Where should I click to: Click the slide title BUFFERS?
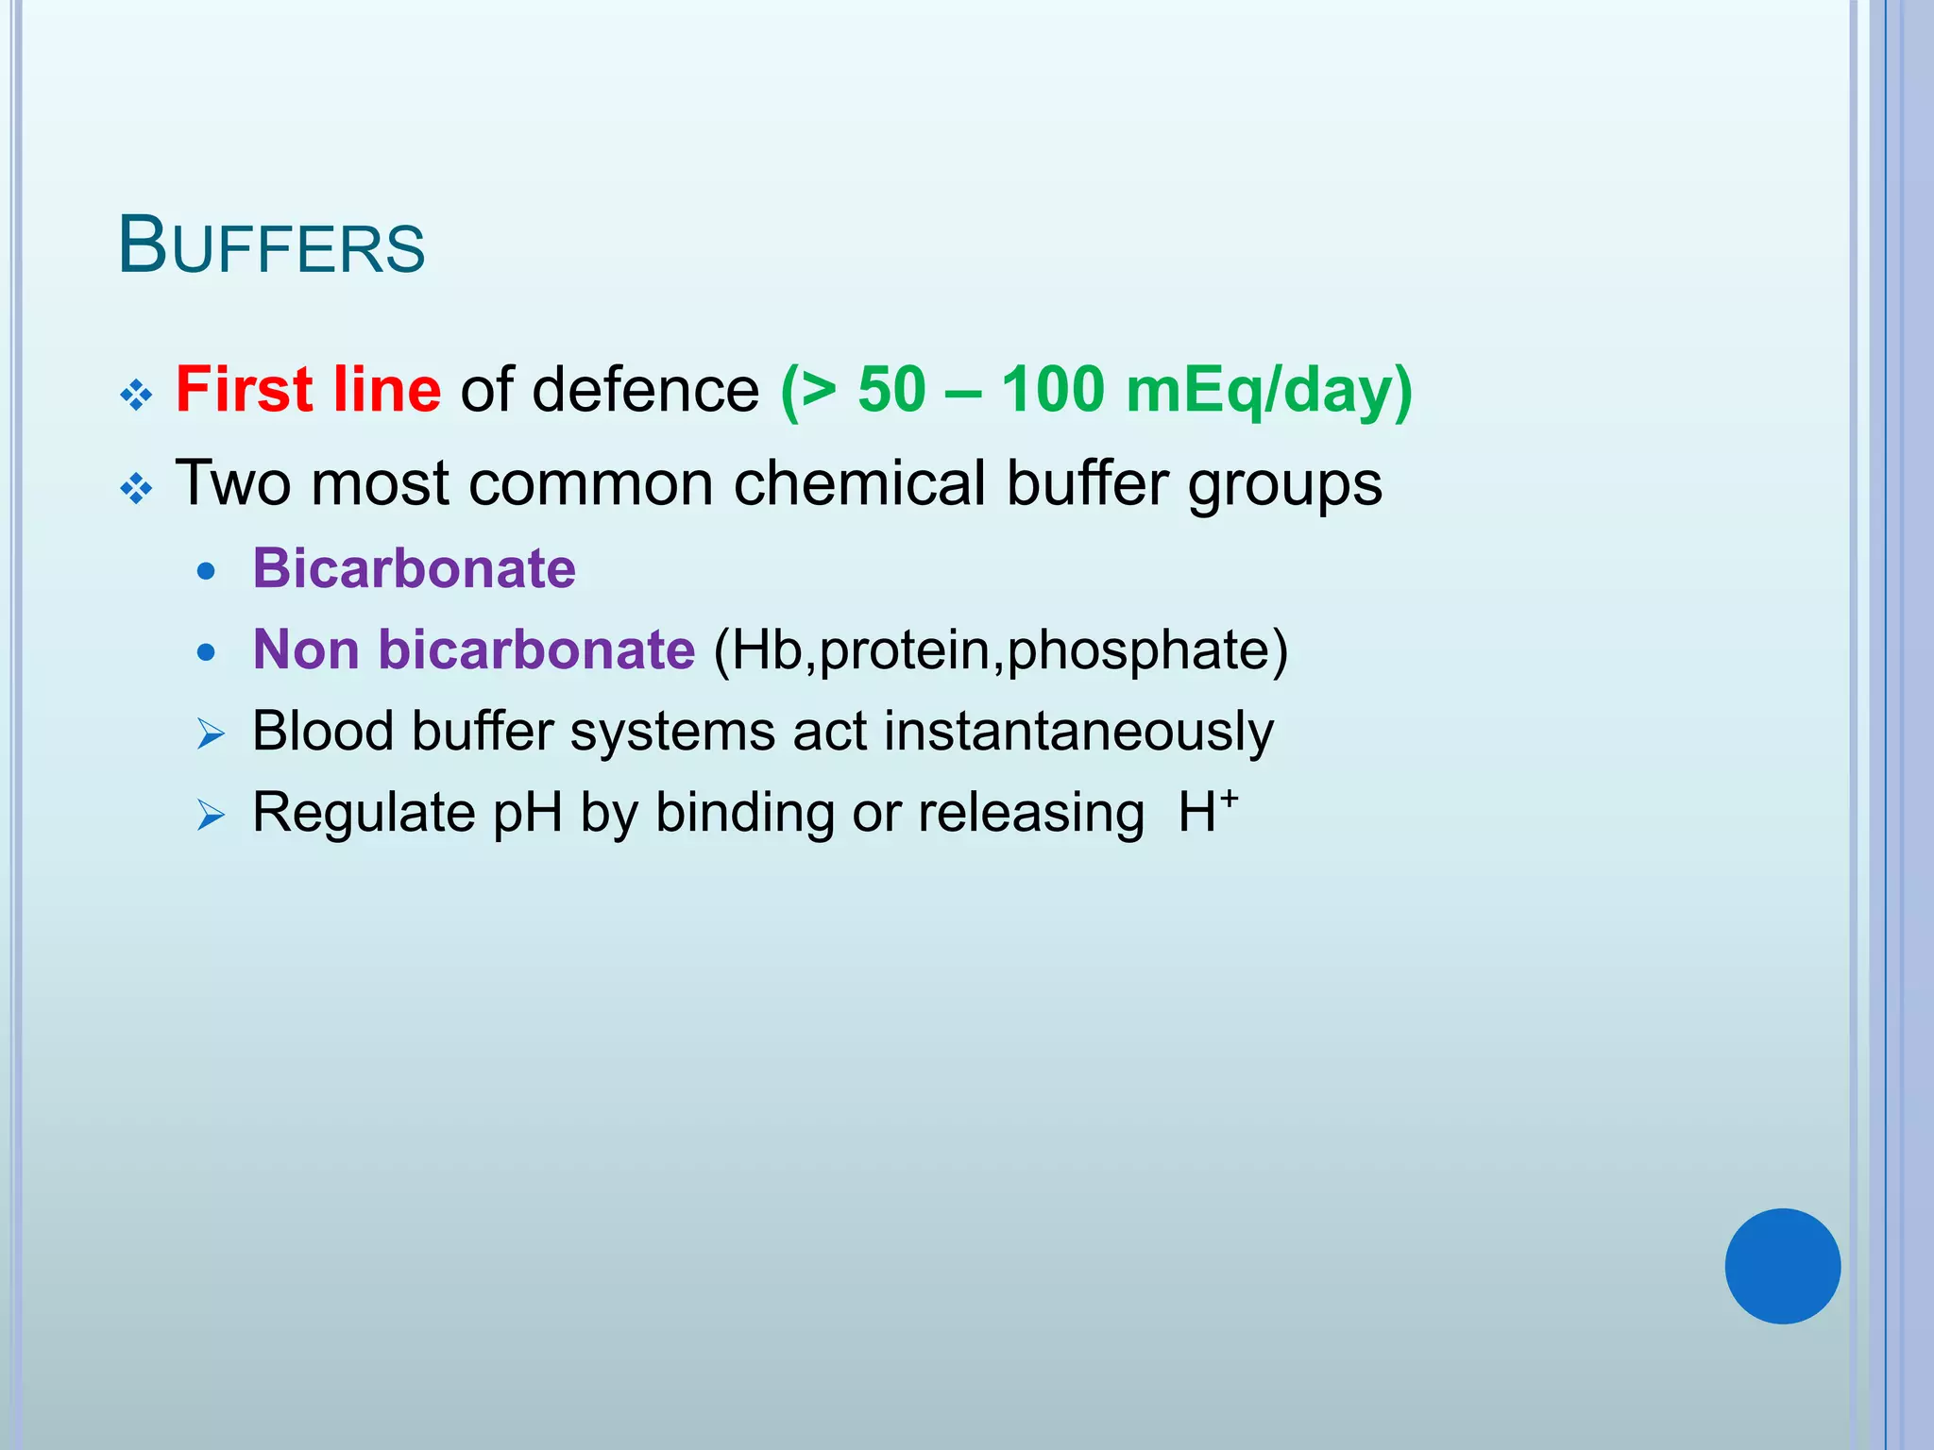(x=272, y=245)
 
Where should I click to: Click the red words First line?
(x=308, y=389)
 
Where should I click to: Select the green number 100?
(x=1052, y=389)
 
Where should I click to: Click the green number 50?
(x=891, y=389)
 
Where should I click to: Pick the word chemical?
(x=859, y=483)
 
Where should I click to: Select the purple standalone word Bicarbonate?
(x=414, y=568)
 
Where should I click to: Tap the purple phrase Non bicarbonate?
(x=474, y=649)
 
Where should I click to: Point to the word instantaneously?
(x=1077, y=732)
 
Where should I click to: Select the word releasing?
(x=1031, y=814)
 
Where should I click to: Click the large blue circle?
(x=1782, y=1266)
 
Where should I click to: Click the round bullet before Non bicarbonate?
(x=207, y=652)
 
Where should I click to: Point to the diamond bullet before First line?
(x=137, y=395)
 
